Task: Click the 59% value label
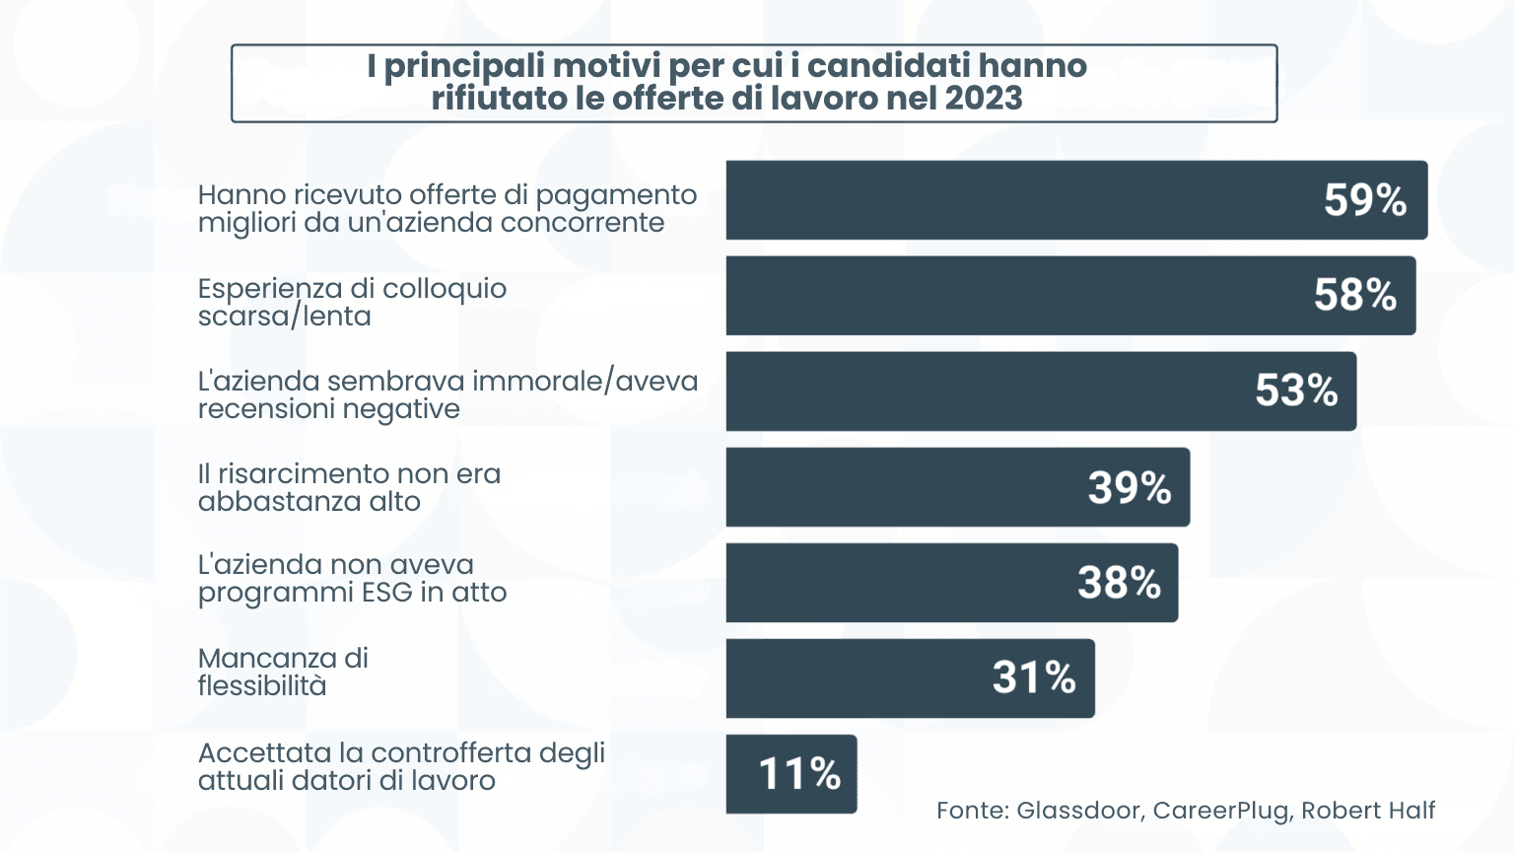(1364, 200)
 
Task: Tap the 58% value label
(1354, 295)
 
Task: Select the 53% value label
(1295, 390)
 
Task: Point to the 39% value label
(1129, 487)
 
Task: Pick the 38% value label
(1119, 583)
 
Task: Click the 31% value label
(1033, 677)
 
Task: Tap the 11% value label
(798, 774)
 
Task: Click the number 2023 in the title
(983, 99)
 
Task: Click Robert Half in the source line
(1368, 811)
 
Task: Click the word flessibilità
(262, 685)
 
